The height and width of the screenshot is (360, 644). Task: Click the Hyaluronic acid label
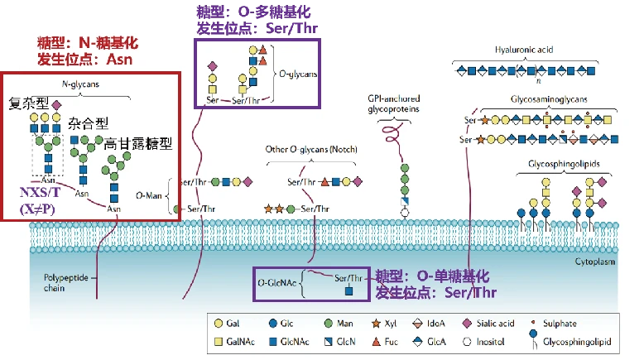524,50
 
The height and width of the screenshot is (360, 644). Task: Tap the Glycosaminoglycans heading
549,99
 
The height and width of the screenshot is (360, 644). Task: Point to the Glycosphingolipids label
564,164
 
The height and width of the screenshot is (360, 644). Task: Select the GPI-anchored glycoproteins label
393,103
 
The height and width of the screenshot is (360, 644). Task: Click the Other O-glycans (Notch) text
311,149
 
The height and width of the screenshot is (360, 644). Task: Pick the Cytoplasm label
594,262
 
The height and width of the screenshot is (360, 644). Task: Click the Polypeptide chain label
65,283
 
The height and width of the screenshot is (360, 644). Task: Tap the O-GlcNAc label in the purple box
276,283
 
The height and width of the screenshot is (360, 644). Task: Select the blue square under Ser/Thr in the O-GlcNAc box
348,291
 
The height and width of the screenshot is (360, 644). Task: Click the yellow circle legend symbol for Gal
219,324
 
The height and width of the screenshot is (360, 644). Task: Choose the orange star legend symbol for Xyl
376,324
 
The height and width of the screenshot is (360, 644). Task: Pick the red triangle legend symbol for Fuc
376,342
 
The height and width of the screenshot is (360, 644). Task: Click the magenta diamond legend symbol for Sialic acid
467,324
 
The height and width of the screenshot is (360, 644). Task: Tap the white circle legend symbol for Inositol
467,342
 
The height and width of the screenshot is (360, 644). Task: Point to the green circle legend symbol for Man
328,324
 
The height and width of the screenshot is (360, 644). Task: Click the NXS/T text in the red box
40,192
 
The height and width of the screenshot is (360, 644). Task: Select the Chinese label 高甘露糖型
137,144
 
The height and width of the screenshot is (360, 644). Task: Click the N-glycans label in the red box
80,84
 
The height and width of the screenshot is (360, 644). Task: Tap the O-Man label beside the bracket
149,196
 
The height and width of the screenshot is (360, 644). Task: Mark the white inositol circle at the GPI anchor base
405,213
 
